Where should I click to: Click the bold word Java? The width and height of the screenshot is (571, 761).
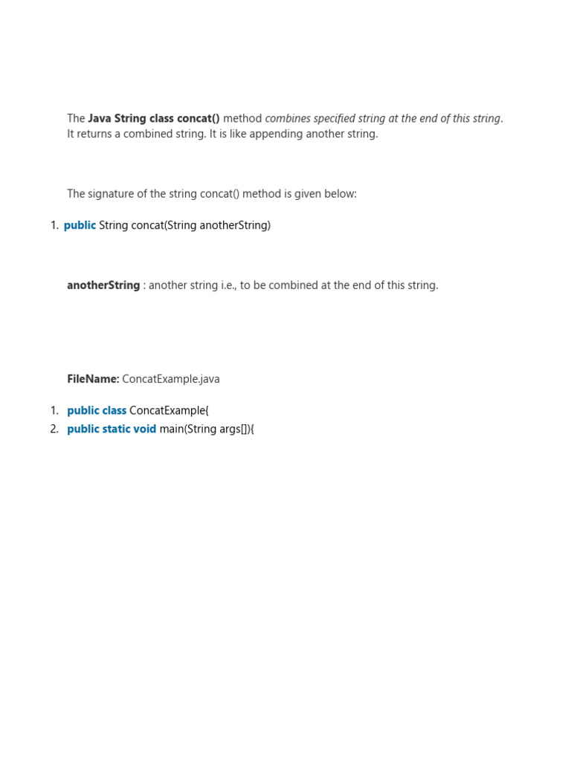click(100, 118)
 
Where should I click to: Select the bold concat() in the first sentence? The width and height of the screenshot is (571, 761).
click(199, 118)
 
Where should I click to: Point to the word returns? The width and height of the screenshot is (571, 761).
click(97, 134)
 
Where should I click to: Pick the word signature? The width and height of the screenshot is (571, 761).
click(113, 194)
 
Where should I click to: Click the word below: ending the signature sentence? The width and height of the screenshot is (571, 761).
click(341, 194)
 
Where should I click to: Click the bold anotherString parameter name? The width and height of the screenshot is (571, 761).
click(103, 285)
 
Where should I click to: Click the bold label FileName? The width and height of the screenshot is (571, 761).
click(93, 379)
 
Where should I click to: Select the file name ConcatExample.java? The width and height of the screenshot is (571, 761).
click(171, 379)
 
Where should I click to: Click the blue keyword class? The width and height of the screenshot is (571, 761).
click(114, 410)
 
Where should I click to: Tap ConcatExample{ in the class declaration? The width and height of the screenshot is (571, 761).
click(169, 410)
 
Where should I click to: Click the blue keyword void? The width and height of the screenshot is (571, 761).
click(145, 429)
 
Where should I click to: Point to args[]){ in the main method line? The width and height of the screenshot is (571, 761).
click(237, 429)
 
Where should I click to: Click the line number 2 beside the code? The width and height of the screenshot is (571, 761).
click(54, 429)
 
